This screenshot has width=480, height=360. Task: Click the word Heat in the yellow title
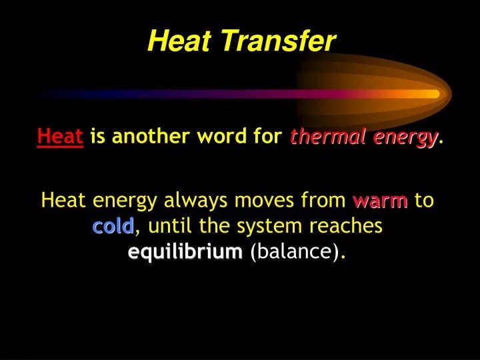179,41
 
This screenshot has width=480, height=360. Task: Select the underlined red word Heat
60,136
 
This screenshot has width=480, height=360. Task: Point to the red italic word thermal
328,136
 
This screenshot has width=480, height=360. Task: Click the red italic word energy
405,139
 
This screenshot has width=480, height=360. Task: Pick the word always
195,201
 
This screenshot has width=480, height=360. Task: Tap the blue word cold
113,226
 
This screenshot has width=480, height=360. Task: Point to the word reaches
346,226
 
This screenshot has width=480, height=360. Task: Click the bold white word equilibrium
185,251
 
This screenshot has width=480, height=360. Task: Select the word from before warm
323,200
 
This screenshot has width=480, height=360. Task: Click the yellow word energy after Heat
125,202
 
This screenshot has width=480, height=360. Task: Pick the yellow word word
221,136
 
